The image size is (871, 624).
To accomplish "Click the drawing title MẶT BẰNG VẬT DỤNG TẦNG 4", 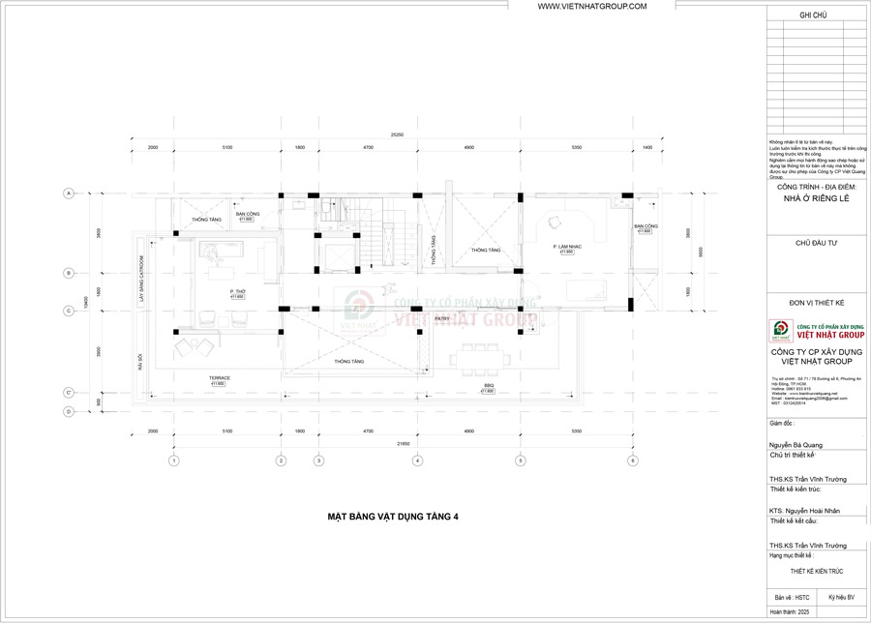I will click(392, 517).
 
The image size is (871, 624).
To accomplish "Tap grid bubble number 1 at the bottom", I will click(173, 461).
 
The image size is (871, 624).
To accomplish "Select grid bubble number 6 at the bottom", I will click(632, 461).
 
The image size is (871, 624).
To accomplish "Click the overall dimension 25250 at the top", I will click(397, 134).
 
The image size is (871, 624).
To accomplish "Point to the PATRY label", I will click(441, 317).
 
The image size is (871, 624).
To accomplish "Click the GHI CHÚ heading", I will click(813, 16).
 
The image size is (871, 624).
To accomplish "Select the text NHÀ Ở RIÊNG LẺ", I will click(814, 199).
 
